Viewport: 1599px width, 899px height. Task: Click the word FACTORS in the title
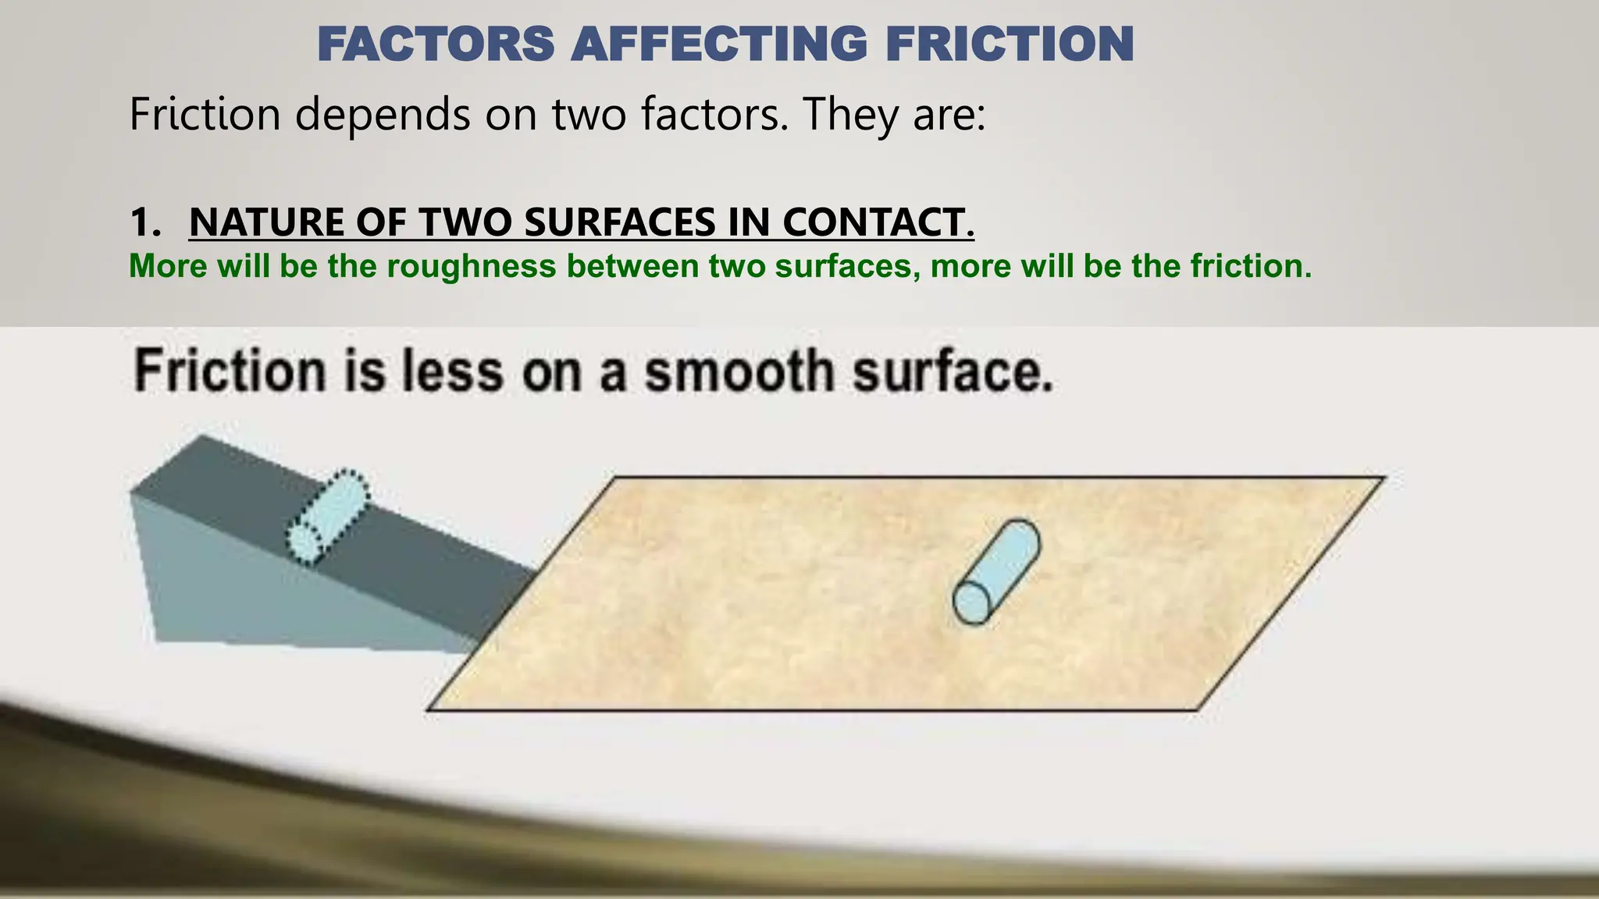click(436, 44)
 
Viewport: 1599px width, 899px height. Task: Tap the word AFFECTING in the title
click(719, 44)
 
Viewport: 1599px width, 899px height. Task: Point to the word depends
click(383, 115)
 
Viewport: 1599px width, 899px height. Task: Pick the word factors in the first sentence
click(714, 115)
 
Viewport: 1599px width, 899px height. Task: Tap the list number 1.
click(144, 222)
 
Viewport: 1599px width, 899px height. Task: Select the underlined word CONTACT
click(878, 222)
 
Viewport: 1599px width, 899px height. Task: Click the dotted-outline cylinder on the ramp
click(328, 517)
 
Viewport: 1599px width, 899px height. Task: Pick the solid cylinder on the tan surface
click(997, 571)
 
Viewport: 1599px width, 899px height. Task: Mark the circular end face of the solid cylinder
click(972, 603)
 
